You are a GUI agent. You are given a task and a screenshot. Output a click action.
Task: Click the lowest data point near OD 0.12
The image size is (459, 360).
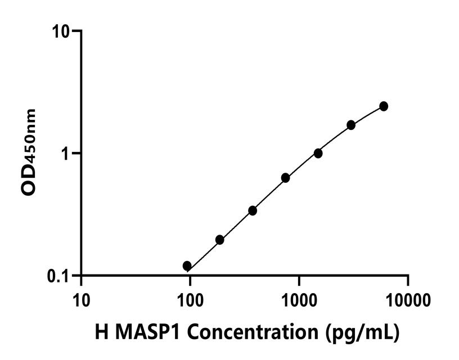tap(187, 266)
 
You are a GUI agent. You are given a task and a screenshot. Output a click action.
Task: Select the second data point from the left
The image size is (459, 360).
tap(220, 240)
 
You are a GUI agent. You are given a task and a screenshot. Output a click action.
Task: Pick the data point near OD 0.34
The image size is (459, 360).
tap(253, 210)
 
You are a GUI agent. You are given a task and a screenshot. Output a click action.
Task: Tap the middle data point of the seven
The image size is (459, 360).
tap(285, 178)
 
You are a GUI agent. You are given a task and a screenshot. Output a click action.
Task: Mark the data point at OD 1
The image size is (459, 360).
tap(318, 153)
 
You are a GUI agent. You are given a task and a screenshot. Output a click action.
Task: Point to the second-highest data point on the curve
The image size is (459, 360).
tap(351, 125)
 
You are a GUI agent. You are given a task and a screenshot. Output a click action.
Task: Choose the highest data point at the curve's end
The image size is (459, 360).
tap(384, 106)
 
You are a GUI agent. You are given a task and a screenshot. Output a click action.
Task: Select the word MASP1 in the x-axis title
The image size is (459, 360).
tap(145, 332)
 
